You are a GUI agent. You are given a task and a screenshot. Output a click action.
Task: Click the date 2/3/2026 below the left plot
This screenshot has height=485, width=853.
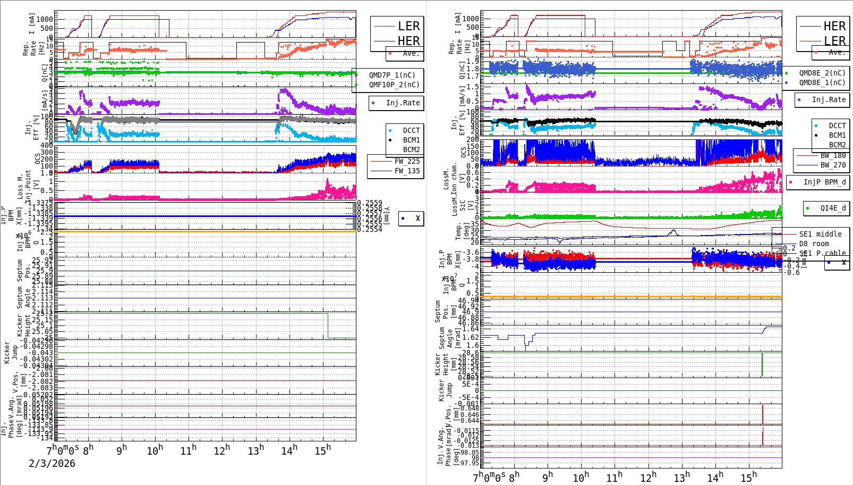click(x=52, y=464)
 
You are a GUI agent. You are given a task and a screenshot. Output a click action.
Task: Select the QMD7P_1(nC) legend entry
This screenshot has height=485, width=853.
click(x=393, y=75)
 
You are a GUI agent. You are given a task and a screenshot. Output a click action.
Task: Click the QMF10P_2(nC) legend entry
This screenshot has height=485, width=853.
click(x=394, y=85)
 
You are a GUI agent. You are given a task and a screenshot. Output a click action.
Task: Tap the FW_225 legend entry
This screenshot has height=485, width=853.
click(x=407, y=161)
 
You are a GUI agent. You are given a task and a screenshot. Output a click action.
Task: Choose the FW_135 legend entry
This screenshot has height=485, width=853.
click(x=407, y=171)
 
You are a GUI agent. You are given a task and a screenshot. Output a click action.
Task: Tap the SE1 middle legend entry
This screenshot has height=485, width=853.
click(x=820, y=234)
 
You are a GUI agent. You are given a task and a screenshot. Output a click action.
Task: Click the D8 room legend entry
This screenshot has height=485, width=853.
click(x=814, y=244)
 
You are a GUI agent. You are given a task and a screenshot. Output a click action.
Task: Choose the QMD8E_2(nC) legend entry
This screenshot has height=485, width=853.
click(x=822, y=73)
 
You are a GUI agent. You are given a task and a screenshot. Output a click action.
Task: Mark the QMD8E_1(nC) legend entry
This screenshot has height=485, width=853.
click(x=822, y=82)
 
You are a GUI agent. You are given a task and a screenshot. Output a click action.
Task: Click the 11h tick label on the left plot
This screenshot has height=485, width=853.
click(x=188, y=451)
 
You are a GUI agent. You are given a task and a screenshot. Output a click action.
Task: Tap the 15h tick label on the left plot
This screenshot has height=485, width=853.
click(x=322, y=451)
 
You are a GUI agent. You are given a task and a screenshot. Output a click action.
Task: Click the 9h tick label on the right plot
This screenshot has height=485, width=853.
click(x=547, y=476)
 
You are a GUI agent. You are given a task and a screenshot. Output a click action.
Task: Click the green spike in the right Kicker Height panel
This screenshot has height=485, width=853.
click(x=762, y=364)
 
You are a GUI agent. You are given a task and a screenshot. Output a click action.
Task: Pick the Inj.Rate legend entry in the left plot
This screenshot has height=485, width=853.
click(x=403, y=103)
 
